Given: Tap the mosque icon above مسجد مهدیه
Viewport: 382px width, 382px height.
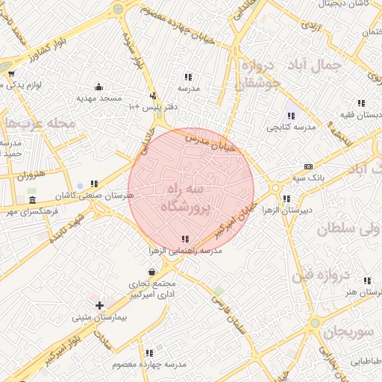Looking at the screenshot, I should pyautogui.click(x=99, y=86).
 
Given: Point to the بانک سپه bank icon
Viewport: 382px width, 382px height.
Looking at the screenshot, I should pyautogui.click(x=308, y=167).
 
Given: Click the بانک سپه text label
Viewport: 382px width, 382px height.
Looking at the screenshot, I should pyautogui.click(x=308, y=178).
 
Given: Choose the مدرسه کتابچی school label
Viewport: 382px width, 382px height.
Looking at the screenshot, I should pyautogui.click(x=292, y=128).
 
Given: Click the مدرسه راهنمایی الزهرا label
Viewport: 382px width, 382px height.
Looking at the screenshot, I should pyautogui.click(x=184, y=251).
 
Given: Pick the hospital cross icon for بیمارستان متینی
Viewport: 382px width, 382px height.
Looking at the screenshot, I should pyautogui.click(x=99, y=305).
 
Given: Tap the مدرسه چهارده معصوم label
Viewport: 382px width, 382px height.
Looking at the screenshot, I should pyautogui.click(x=148, y=364).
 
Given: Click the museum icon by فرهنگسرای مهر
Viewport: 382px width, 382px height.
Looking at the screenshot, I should pyautogui.click(x=31, y=201).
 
